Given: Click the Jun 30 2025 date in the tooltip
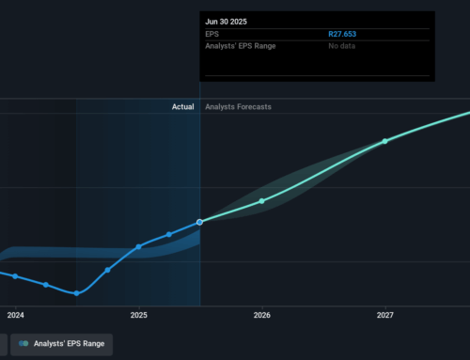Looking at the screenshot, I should pyautogui.click(x=225, y=20).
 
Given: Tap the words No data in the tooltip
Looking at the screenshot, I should pyautogui.click(x=342, y=45).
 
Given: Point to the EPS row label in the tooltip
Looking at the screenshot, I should pyautogui.click(x=212, y=34).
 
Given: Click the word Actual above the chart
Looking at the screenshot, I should pyautogui.click(x=182, y=107).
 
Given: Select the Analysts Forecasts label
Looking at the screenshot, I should pyautogui.click(x=238, y=107).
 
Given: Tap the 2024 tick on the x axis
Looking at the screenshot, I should pyautogui.click(x=15, y=315).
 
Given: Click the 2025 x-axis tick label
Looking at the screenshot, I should pyautogui.click(x=138, y=315).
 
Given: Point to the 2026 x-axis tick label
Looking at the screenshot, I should pyautogui.click(x=261, y=315).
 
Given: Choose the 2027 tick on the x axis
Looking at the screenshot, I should pyautogui.click(x=384, y=315).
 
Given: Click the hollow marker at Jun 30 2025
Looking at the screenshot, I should pyautogui.click(x=200, y=222).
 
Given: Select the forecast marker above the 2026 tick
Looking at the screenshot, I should pyautogui.click(x=261, y=201).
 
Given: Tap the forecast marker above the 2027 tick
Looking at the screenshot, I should pyautogui.click(x=384, y=141).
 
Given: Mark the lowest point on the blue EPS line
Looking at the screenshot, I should pyautogui.click(x=76, y=293).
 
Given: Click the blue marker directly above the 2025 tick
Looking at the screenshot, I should pyautogui.click(x=138, y=246).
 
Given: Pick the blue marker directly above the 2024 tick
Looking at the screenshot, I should pyautogui.click(x=15, y=275).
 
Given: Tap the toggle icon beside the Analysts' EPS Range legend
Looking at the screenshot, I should pyautogui.click(x=24, y=345).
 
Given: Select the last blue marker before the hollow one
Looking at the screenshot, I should pyautogui.click(x=169, y=234).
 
